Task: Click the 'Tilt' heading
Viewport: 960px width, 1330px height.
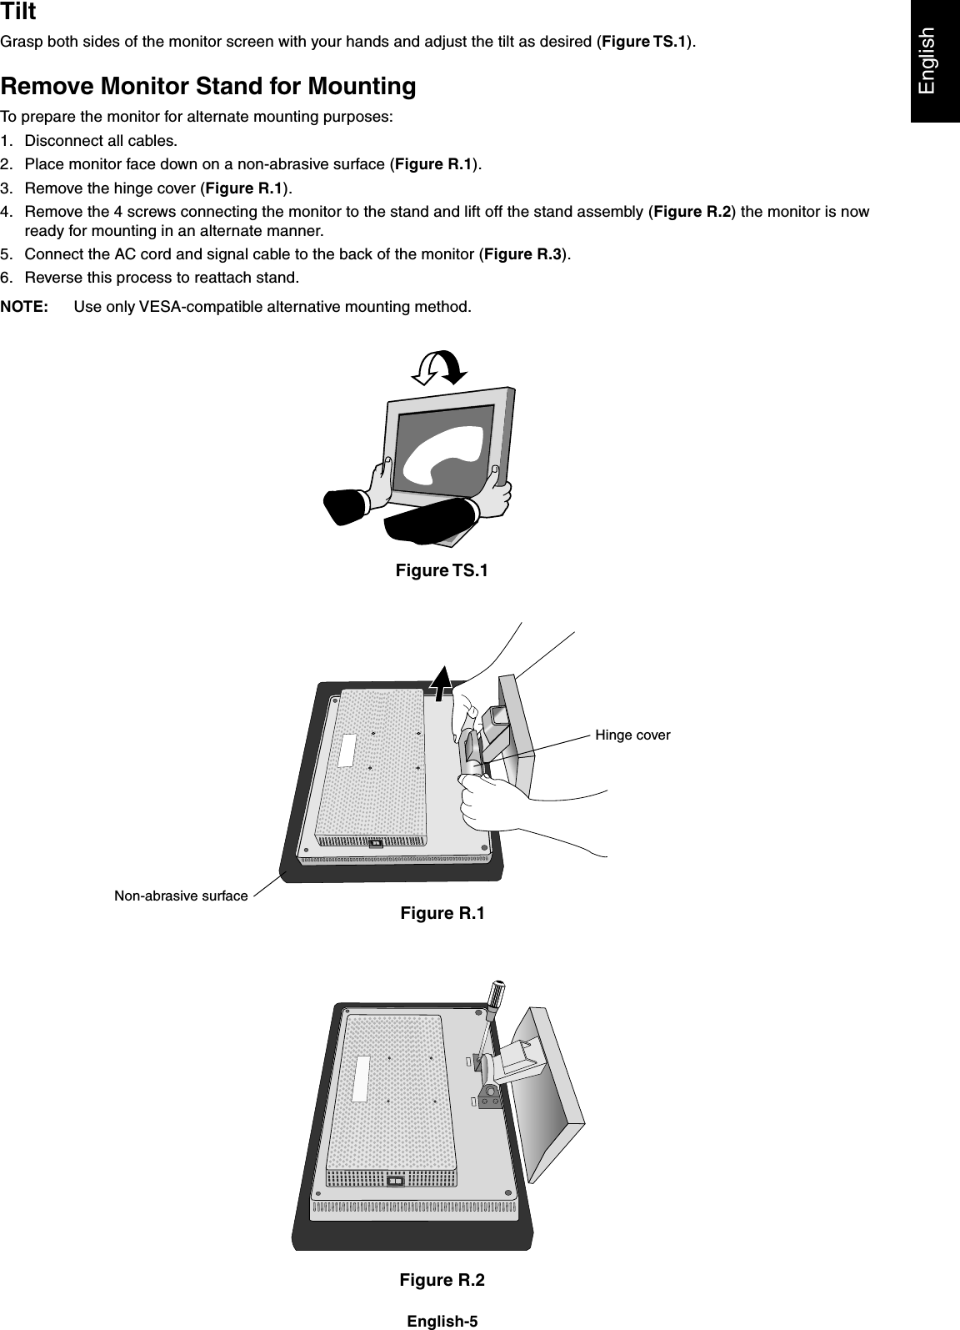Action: pos(18,13)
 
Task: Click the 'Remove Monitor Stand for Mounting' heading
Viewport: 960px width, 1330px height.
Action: pos(208,87)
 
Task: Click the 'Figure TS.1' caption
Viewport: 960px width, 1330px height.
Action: pos(442,571)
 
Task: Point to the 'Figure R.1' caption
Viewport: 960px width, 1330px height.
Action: pos(442,914)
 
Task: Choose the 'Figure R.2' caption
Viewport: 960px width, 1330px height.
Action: pos(442,1280)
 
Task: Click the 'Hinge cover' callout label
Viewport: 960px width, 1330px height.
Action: pos(632,735)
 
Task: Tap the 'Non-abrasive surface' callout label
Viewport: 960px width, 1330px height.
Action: pos(181,896)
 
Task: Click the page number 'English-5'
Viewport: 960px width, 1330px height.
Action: pos(442,1321)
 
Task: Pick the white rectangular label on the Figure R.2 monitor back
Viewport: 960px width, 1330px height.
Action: pos(361,1078)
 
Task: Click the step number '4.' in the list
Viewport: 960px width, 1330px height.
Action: pos(10,212)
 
